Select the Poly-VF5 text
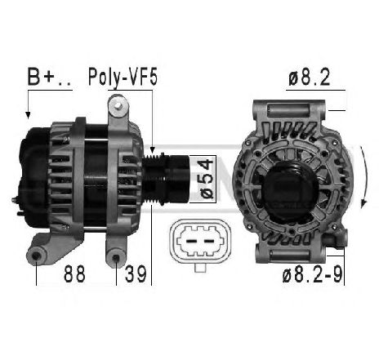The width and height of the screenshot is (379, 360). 123,78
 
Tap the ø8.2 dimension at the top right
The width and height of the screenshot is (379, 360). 310,77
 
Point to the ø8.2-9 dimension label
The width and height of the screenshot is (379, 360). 312,274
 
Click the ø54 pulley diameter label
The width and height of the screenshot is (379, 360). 207,179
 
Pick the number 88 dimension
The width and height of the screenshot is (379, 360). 74,273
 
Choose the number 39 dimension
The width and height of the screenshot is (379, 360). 136,273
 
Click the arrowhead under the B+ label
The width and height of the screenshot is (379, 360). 28,115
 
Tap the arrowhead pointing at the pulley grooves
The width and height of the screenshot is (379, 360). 153,149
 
